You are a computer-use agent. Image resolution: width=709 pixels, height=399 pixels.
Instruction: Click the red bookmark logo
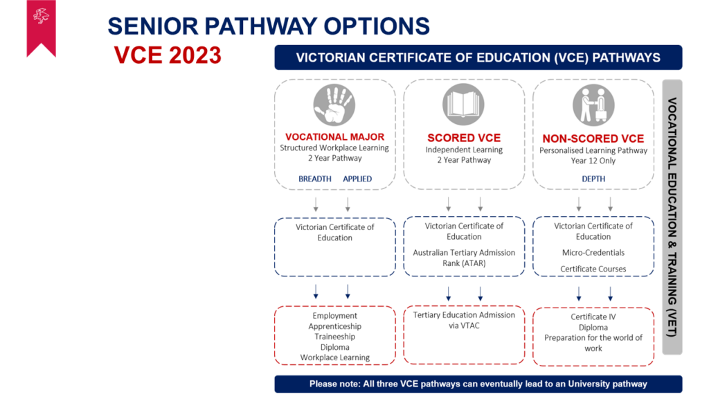pos(41,27)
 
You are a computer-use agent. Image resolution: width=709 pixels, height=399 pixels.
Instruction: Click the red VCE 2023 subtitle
pos(168,55)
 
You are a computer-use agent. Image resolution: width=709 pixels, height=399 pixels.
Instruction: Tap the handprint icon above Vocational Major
pos(334,105)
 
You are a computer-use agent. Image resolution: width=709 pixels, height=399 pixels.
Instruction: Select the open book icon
pos(463,105)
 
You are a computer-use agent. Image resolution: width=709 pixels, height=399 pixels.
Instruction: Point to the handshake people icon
pos(593,105)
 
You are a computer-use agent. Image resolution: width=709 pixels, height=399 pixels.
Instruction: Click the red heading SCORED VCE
pos(464,138)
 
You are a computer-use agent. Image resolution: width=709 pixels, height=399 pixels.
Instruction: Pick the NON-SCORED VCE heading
pos(593,139)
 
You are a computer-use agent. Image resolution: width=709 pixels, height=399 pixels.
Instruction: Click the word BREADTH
pos(315,179)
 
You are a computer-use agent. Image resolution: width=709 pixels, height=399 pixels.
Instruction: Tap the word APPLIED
pos(357,179)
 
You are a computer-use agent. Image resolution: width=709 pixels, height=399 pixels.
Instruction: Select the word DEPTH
pos(593,179)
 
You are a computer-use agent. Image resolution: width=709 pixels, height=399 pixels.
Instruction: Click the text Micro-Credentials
pos(593,252)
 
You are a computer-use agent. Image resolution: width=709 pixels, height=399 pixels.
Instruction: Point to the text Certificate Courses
pos(593,269)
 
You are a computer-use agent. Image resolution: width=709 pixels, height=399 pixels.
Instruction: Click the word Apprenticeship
pos(334,326)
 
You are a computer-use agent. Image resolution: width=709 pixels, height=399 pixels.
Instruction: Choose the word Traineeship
pos(334,337)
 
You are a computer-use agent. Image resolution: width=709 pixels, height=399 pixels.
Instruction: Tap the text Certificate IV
pos(593,317)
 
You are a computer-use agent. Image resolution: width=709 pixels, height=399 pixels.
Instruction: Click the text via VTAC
pos(464,326)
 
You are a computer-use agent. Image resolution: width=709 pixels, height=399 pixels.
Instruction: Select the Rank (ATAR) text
pos(464,263)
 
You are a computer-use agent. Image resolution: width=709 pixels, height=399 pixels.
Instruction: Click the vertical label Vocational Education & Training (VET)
pos(672,217)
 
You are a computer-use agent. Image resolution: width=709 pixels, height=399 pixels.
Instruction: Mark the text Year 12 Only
pos(593,161)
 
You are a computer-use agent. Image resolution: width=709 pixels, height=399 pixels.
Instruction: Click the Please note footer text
pos(478,384)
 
